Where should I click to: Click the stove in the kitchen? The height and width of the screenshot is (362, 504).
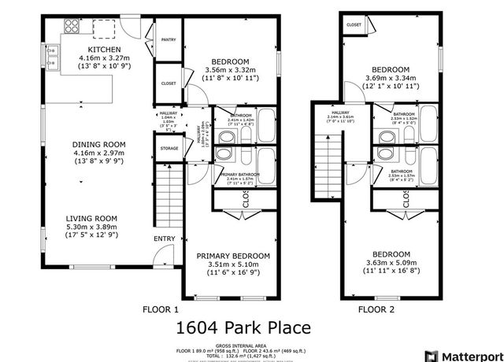point(71,28)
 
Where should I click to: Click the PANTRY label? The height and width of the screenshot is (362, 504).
point(168,39)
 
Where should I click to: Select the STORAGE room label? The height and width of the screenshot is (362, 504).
point(168,147)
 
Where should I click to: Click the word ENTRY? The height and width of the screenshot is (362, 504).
point(165,238)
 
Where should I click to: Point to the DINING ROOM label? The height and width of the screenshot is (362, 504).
point(98,145)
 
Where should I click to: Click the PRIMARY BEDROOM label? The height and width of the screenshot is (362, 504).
point(233,256)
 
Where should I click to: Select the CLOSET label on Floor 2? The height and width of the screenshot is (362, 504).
point(354,25)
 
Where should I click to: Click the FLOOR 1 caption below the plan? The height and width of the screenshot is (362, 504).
point(160,309)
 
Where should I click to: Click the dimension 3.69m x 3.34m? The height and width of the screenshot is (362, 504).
point(391,78)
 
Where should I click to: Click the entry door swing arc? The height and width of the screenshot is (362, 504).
point(162,255)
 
